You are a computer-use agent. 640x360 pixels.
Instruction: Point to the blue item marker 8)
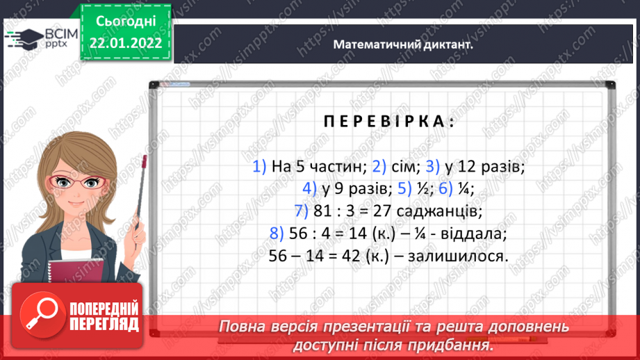[277, 233]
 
